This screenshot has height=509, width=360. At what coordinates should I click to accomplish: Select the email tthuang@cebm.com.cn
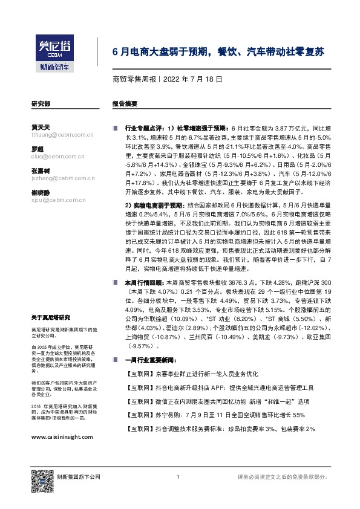tap(57, 135)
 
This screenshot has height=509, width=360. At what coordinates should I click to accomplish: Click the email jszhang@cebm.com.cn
tap(57, 178)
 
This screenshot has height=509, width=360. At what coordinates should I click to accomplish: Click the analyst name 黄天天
tap(41, 127)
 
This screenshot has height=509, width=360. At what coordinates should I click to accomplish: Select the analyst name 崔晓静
tap(41, 192)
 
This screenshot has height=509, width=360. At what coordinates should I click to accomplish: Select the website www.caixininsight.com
tap(61, 436)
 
